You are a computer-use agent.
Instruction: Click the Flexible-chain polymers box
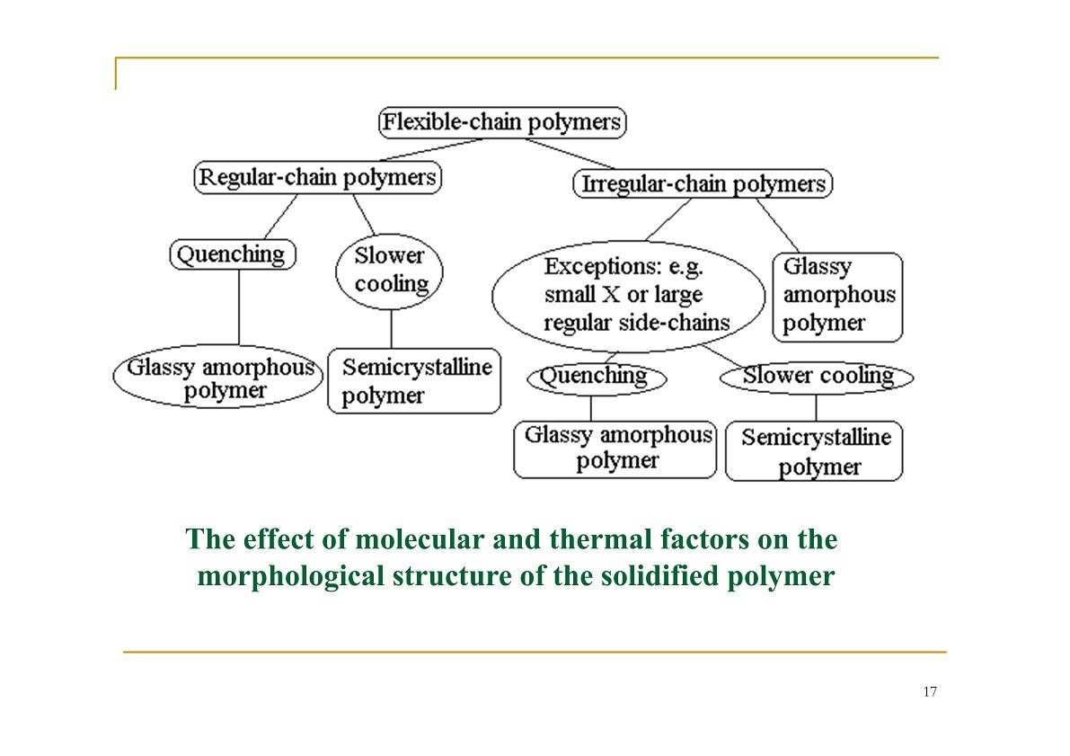click(x=502, y=123)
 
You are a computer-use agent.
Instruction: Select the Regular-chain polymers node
click(x=318, y=178)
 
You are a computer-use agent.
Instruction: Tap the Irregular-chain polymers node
click(x=703, y=183)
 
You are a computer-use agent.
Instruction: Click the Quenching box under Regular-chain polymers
click(x=233, y=254)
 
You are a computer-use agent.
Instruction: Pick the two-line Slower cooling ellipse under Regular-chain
click(x=389, y=271)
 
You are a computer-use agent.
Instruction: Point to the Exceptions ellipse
click(x=629, y=296)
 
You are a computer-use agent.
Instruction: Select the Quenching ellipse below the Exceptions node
click(x=597, y=378)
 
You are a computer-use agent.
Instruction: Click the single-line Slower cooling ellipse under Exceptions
click(x=816, y=377)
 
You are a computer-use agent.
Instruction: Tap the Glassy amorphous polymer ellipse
click(x=218, y=377)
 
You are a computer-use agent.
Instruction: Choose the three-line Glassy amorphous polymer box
click(x=837, y=297)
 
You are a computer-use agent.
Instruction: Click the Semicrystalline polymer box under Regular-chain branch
click(x=414, y=381)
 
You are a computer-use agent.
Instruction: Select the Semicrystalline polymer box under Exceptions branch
click(x=814, y=451)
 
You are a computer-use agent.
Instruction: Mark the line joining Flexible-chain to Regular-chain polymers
click(x=431, y=150)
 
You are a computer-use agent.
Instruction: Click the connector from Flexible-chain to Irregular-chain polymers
click(x=570, y=154)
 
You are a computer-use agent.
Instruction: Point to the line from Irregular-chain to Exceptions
click(x=668, y=219)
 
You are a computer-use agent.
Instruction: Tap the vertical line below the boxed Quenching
click(x=239, y=307)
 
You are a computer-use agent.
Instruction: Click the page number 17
click(x=930, y=692)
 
